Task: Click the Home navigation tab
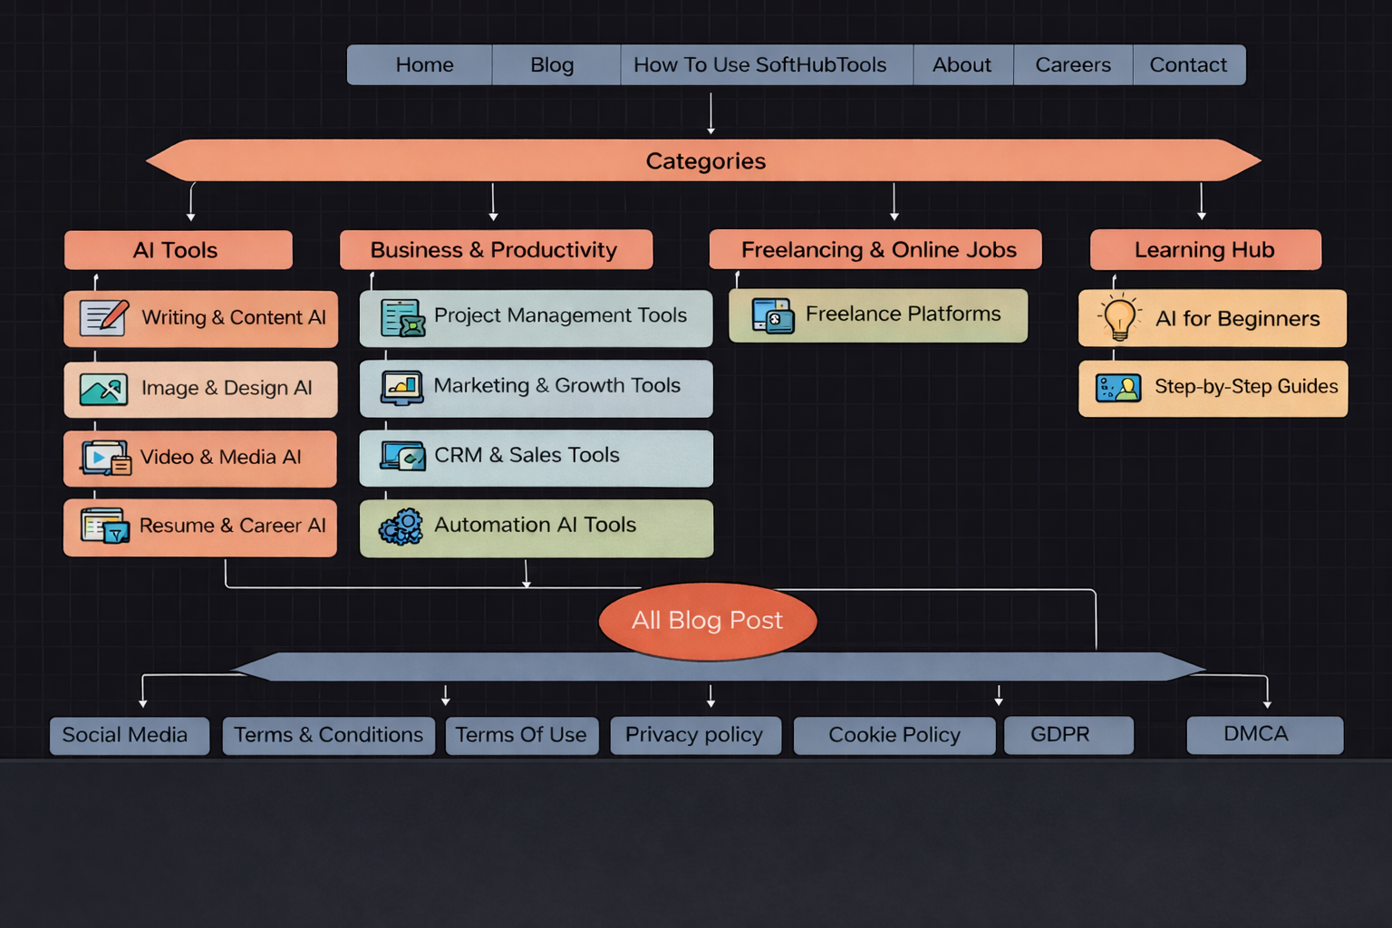click(423, 65)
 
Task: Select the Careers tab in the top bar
click(1072, 65)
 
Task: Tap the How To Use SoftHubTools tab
click(759, 65)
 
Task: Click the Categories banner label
click(705, 161)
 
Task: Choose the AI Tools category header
click(178, 250)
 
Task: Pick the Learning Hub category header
click(1204, 250)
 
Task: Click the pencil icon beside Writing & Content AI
click(103, 318)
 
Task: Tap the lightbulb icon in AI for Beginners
click(1119, 318)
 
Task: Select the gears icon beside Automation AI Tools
click(401, 527)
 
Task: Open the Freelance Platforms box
click(877, 315)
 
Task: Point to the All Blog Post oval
click(707, 621)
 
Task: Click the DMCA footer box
click(1264, 735)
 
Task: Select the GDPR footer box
click(1068, 735)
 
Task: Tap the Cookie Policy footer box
click(894, 735)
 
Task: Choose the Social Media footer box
click(129, 735)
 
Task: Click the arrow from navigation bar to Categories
click(710, 112)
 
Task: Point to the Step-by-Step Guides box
click(1213, 388)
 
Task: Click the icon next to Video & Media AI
click(105, 459)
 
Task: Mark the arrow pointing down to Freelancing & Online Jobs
click(894, 201)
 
